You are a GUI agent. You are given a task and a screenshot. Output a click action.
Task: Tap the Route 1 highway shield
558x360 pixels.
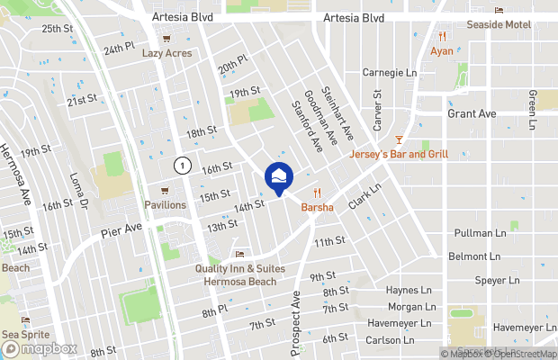point(183,166)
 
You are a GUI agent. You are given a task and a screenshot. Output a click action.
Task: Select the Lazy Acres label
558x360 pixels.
point(167,54)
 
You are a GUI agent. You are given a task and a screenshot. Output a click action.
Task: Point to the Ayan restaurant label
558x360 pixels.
point(442,51)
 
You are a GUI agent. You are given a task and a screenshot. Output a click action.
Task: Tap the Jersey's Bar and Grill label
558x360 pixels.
point(399,154)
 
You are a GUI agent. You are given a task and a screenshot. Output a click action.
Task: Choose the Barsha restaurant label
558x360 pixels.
point(317,207)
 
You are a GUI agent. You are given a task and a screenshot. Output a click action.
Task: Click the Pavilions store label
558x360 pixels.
point(165,204)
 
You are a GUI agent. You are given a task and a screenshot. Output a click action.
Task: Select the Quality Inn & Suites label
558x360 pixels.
point(238,268)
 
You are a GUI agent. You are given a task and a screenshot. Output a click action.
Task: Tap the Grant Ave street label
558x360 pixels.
point(472,114)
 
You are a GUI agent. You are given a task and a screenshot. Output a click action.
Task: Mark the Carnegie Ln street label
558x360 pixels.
point(390,72)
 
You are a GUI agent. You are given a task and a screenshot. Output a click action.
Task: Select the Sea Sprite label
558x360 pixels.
point(22,333)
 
